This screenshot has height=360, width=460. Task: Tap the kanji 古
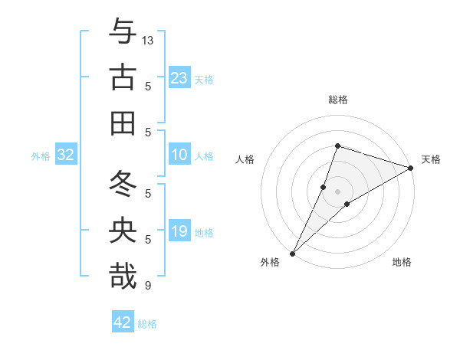coord(123,78)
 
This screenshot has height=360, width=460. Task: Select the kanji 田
coord(123,123)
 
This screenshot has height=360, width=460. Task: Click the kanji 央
coord(123,231)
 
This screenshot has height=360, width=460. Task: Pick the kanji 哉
coord(123,277)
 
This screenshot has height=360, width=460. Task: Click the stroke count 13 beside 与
coord(148,40)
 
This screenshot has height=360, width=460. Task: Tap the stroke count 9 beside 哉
coord(148,286)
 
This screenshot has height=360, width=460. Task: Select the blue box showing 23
coord(179,78)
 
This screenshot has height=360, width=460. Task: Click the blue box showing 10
coord(179,155)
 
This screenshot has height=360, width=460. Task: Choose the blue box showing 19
coord(179,231)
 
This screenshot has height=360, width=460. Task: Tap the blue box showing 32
coord(66,155)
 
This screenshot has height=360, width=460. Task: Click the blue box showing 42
coord(123,322)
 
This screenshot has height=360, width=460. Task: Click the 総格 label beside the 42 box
coord(147,324)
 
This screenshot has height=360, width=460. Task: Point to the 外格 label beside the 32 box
coord(41,156)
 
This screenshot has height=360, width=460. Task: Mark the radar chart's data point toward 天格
coord(411,169)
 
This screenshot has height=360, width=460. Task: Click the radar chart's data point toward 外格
coord(292,253)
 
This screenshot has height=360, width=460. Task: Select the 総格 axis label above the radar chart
coord(338,100)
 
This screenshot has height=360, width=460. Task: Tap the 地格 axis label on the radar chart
coord(402,262)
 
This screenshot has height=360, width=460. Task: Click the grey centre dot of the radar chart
coord(338,191)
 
